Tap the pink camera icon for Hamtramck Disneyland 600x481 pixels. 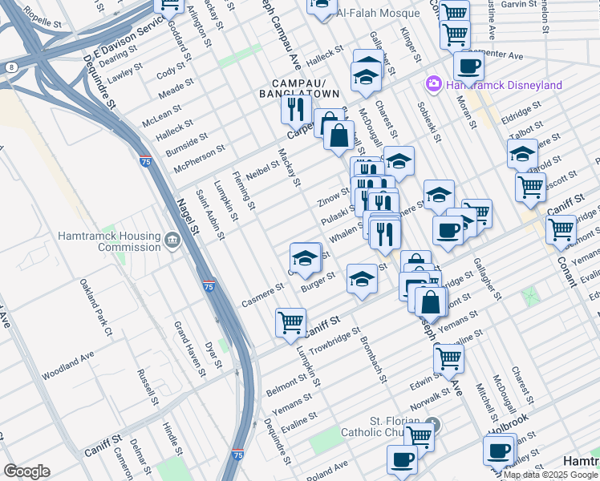tap(434, 84)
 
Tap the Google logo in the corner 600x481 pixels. tap(26, 471)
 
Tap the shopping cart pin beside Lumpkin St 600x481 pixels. tap(290, 322)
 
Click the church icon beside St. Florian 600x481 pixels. tap(433, 423)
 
